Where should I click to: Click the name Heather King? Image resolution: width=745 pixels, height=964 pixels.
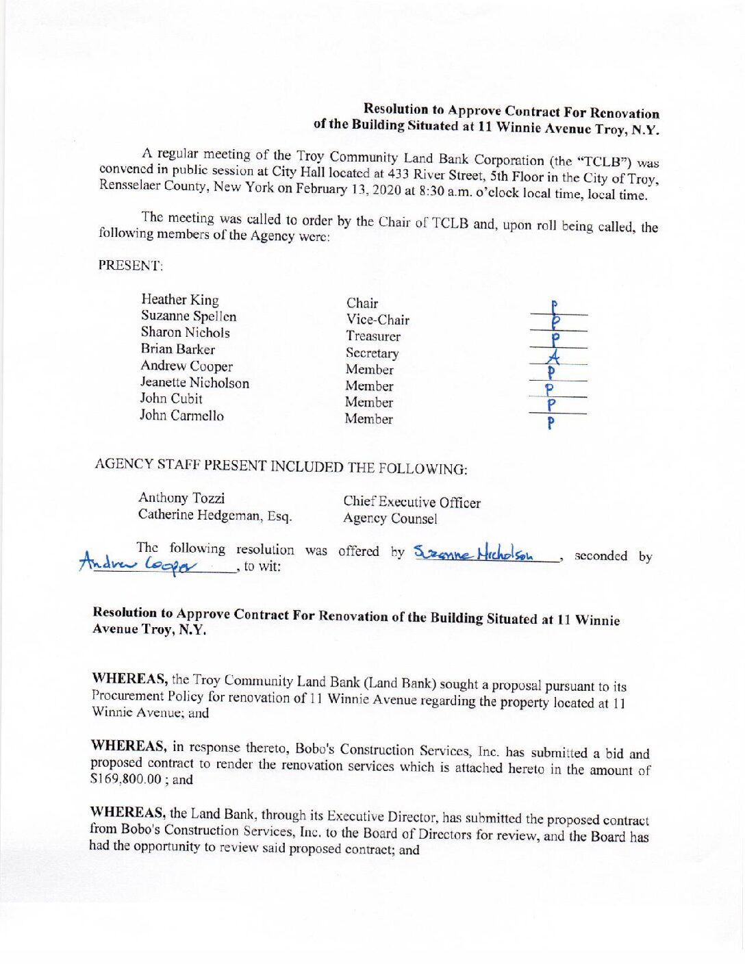point(180,300)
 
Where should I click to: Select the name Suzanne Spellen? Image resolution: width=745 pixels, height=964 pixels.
point(188,316)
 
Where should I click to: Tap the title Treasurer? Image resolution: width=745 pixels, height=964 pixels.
point(373,336)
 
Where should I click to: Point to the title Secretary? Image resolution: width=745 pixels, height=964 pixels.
point(372,353)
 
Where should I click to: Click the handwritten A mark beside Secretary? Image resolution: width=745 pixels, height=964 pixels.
point(555,356)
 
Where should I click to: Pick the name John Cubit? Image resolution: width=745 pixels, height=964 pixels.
point(171,398)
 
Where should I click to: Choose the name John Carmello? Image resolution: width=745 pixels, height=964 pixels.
point(181,416)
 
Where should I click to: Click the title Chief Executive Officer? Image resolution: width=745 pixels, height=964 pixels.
point(412,503)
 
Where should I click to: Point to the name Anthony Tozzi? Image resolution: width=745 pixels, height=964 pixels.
point(181,498)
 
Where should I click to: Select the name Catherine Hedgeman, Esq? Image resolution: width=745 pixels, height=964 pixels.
point(215,515)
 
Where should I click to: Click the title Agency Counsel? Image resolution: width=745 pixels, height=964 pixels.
point(390,519)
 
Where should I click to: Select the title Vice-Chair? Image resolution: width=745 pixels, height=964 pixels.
point(377,320)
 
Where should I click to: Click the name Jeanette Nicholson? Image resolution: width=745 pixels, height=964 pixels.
point(194,383)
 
